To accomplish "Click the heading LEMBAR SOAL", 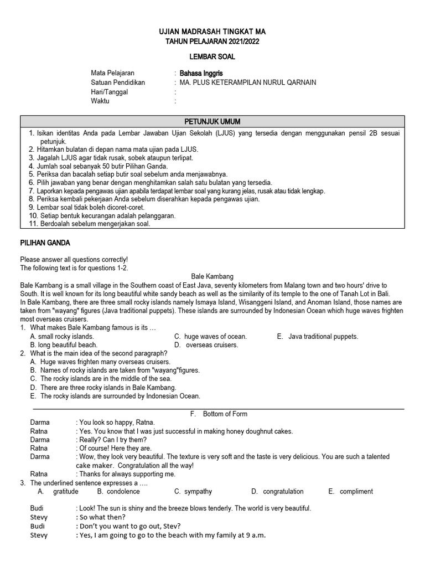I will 212,56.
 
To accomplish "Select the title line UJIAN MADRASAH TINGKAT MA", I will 212,32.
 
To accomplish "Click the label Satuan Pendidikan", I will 118,83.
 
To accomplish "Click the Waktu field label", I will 100,101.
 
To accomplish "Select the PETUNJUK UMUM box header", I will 212,122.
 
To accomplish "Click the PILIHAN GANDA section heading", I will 45,243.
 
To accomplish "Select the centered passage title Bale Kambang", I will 212,276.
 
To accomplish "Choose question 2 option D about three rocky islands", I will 103,388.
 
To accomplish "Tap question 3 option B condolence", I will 118,491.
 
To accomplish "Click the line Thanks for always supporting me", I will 127,474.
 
